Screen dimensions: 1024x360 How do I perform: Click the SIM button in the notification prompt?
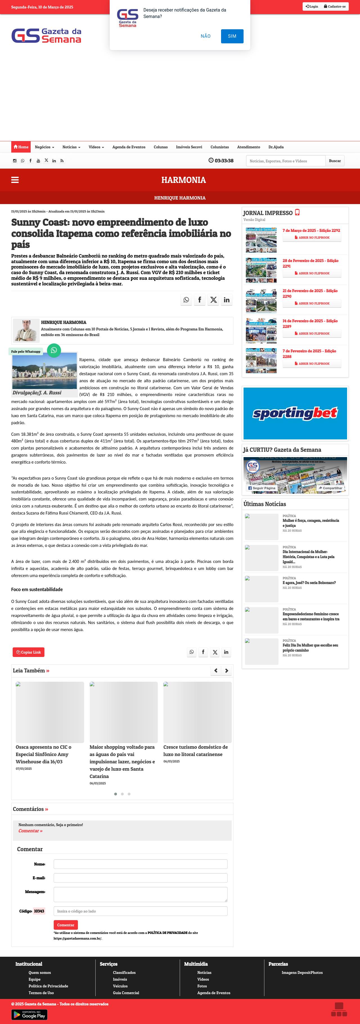point(232,36)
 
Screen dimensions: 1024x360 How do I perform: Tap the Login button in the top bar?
point(312,7)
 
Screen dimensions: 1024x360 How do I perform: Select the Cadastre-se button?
point(335,7)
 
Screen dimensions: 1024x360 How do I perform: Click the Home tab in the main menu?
point(21,147)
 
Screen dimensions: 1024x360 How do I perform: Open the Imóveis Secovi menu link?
point(189,147)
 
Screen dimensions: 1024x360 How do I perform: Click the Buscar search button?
point(335,161)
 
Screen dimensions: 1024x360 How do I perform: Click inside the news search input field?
point(285,161)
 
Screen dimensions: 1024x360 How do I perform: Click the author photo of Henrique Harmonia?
point(26,330)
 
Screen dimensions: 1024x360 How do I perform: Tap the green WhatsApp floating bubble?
point(54,350)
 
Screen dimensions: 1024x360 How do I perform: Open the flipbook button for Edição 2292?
point(312,238)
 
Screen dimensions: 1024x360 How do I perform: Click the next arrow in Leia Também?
point(226,670)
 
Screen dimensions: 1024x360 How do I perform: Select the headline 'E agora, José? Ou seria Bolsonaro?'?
point(309,583)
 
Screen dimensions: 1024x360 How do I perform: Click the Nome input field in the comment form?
point(140,864)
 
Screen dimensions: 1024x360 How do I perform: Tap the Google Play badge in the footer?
point(30,1015)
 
